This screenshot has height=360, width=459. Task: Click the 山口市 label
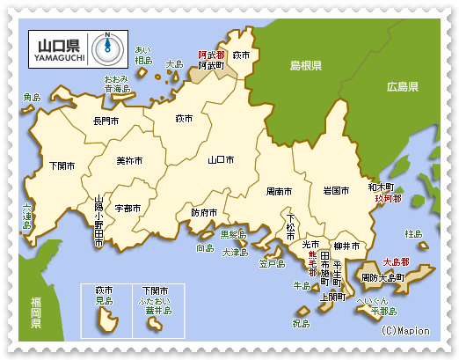tap(220, 161)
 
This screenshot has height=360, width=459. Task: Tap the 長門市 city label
tap(106, 121)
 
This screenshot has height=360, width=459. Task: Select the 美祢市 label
tap(128, 161)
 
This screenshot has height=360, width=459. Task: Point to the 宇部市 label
tap(127, 209)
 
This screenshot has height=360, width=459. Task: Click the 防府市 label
tap(203, 212)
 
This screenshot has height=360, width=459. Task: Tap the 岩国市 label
tap(337, 189)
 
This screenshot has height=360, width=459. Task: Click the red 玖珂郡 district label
tap(388, 199)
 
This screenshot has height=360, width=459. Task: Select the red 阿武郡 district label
tap(211, 54)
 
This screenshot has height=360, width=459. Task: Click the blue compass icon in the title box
tap(107, 44)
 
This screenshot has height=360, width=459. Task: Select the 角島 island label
tap(32, 97)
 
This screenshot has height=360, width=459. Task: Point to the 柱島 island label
tap(413, 235)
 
